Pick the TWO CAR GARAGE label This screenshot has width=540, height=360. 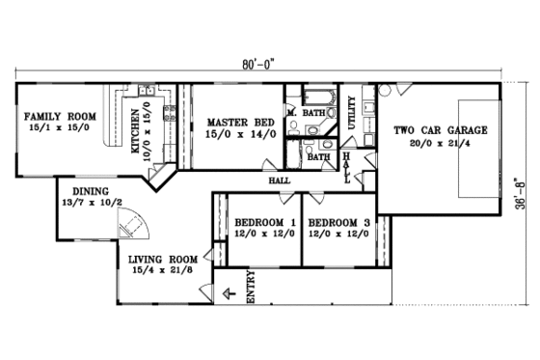(x=440, y=129)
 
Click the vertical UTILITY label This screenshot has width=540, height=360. (x=352, y=113)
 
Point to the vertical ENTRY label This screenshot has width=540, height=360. (x=252, y=290)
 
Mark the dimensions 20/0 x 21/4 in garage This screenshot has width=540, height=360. (x=440, y=143)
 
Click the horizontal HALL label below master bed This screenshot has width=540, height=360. (x=280, y=179)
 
